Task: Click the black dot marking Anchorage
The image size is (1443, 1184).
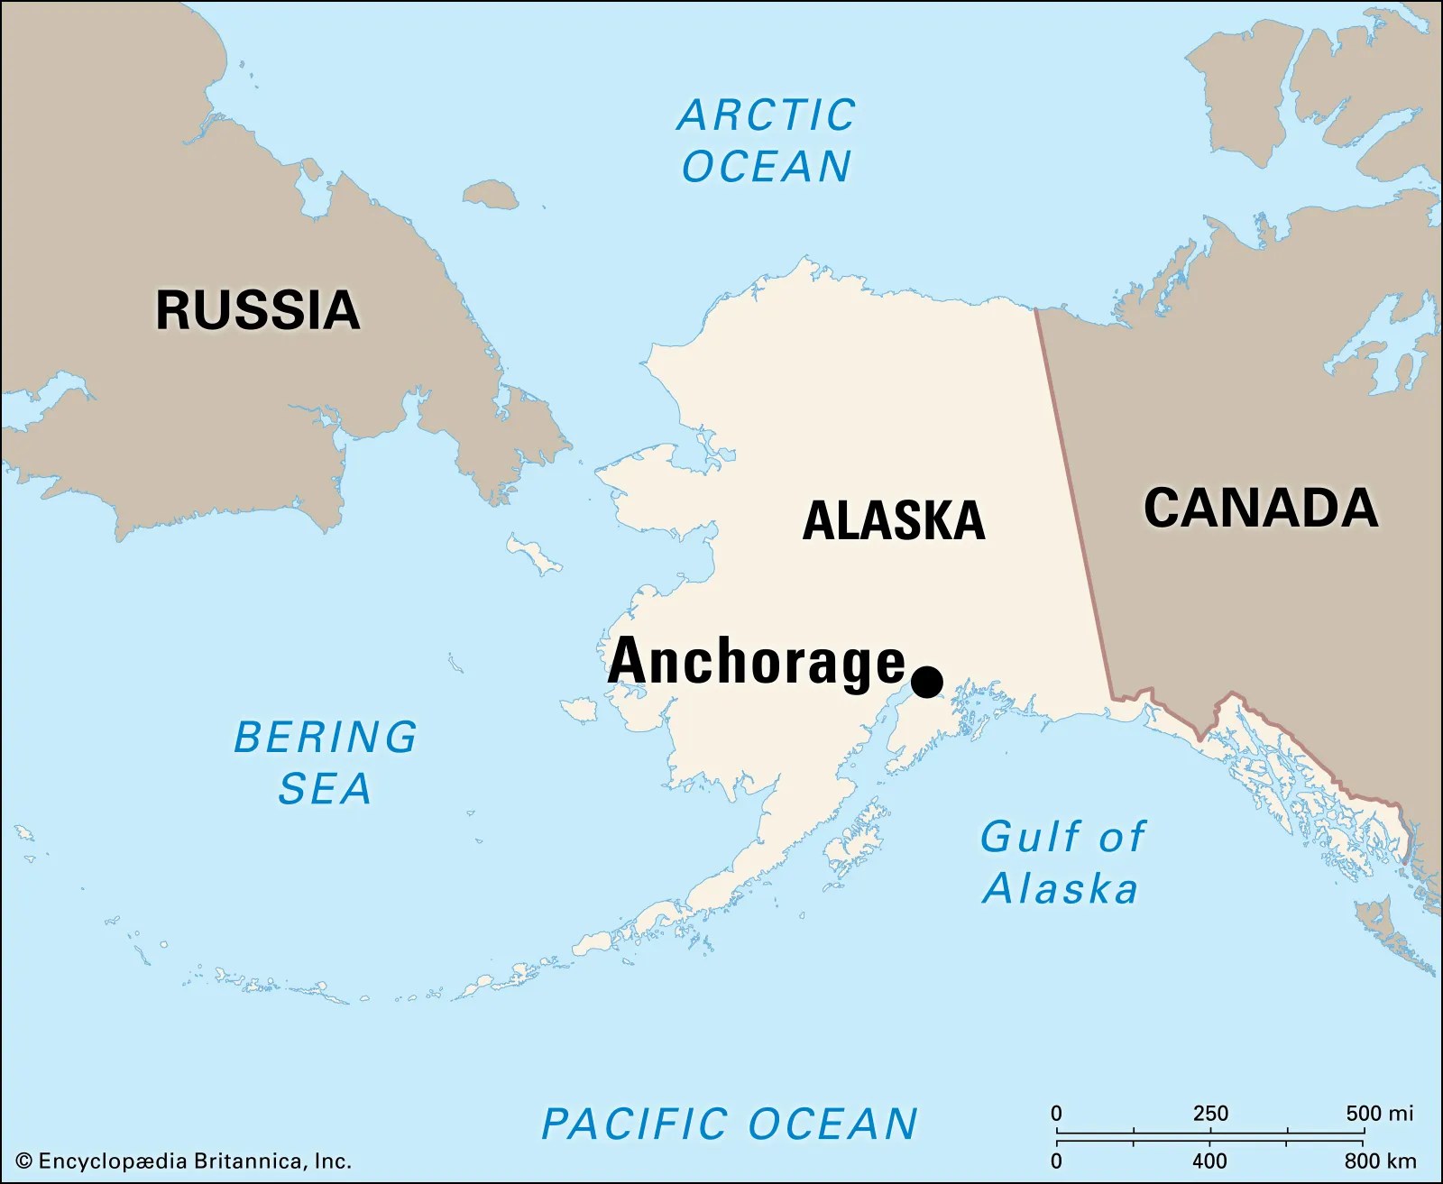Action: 926,681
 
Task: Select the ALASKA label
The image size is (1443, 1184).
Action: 893,520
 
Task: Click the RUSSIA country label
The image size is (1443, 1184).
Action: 258,310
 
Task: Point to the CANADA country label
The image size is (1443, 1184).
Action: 1260,508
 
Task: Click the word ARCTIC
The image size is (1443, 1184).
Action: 767,115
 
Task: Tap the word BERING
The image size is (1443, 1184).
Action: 326,737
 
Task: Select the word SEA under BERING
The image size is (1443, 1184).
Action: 325,789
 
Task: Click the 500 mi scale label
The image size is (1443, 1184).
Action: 1379,1113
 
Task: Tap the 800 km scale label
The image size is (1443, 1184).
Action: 1380,1161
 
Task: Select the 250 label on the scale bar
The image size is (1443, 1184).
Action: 1210,1113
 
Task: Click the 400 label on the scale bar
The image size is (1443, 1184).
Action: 1209,1161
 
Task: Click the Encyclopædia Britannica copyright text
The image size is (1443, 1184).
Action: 184,1161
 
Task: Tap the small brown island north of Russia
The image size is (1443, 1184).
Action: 491,194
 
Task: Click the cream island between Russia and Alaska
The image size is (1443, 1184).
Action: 534,554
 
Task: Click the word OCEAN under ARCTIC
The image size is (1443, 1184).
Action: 767,167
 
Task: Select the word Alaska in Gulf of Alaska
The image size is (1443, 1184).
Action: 1061,889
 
